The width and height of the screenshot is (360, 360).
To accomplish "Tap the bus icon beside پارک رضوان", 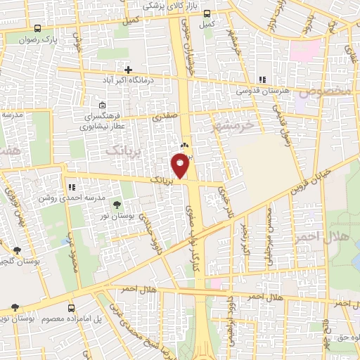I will tap(37, 29).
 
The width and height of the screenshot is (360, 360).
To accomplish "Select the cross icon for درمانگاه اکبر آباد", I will tap(127, 70).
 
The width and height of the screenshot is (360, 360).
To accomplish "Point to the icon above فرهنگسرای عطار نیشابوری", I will tap(103, 105).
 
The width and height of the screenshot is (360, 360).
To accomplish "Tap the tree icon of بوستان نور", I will tap(117, 204).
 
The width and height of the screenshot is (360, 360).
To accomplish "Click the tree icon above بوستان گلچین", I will tap(16, 250).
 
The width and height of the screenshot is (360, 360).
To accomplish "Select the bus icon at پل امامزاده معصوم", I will tap(71, 308).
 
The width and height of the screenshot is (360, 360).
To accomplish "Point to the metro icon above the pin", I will tap(184, 145).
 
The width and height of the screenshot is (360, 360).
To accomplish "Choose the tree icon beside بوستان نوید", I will tap(15, 307).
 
